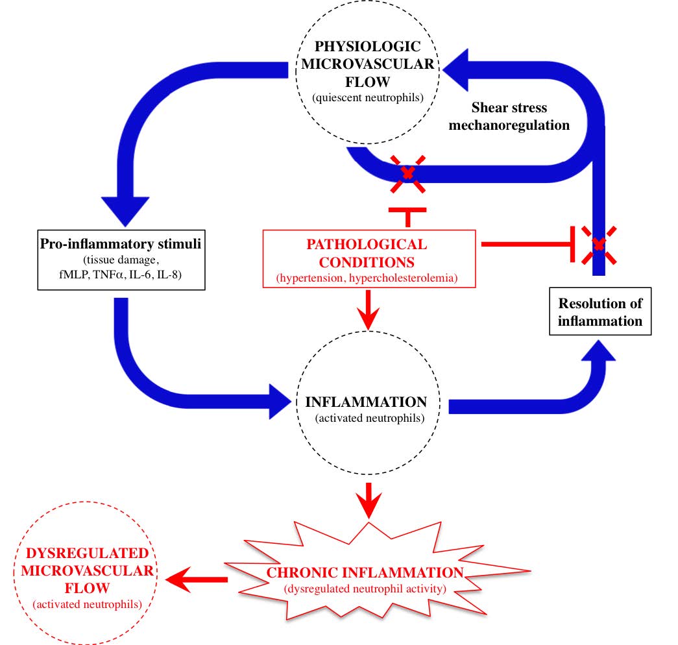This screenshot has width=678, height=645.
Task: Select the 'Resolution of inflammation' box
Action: (x=600, y=312)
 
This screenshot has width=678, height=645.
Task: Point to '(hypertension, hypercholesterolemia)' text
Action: (x=367, y=278)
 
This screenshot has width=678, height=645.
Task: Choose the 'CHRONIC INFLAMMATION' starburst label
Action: (x=366, y=573)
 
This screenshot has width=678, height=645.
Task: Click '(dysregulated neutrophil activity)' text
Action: (x=366, y=589)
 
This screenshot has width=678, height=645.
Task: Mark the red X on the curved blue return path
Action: (x=407, y=173)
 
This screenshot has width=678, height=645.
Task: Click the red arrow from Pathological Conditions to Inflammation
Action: (x=368, y=311)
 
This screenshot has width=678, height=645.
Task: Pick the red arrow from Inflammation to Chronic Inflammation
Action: (x=368, y=501)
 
